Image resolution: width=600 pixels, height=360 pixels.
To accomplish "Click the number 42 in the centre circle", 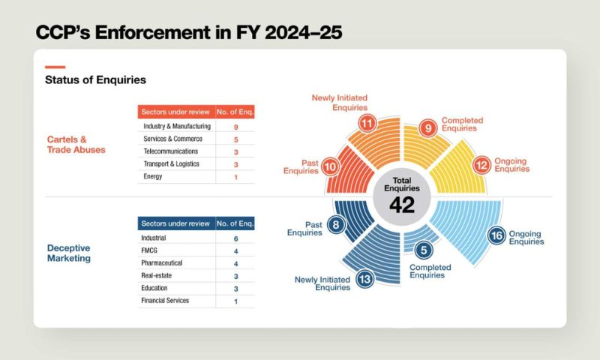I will pos(403,204).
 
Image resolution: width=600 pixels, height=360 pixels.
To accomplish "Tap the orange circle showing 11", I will pos(367,123).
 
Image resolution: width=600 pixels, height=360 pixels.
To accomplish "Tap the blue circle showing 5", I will pos(424,250).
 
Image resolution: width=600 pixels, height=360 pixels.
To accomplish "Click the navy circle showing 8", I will pos(337,224).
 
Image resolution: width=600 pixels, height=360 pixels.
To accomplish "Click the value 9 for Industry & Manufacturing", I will pos(235,127).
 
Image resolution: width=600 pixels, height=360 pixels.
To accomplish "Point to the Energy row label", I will pos(153,176).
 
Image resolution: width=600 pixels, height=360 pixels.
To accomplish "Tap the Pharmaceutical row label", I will pos(166,263).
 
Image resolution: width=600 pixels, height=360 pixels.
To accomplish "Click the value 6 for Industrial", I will pos(235,238).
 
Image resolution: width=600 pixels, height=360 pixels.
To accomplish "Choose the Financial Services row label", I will pos(165,301).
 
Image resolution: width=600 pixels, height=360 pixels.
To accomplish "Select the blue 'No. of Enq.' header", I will pos(235,223).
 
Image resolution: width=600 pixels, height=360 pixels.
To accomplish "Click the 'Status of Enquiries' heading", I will pos(95,79).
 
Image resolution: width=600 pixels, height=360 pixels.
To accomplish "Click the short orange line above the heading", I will pos(55,67).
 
